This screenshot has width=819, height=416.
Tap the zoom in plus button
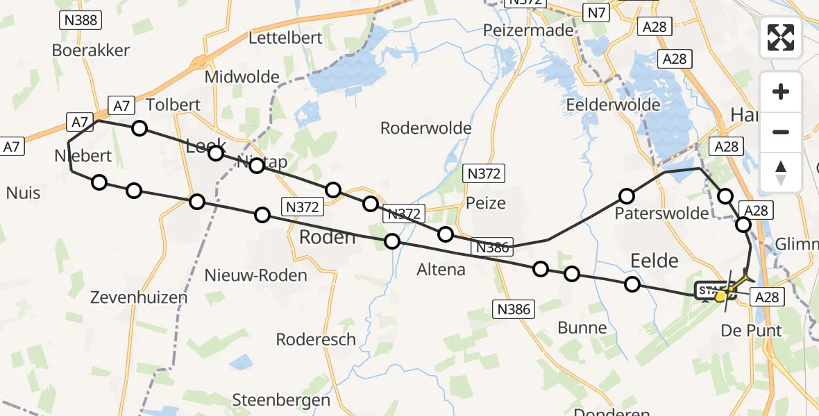781,92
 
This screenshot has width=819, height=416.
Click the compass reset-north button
781,172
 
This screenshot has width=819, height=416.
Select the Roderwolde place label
426,128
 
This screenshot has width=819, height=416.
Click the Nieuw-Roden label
255,275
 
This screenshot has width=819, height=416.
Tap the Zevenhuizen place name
139,297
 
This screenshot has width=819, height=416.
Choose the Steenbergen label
281,400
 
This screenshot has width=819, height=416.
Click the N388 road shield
80,20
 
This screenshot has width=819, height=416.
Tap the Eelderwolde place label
614,105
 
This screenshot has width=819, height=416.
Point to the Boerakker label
91,51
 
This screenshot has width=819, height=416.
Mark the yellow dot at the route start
720,297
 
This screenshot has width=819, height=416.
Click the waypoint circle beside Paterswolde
627,196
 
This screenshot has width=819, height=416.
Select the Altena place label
441,270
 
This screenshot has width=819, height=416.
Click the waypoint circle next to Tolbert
140,128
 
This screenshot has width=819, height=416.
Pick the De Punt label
751,330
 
